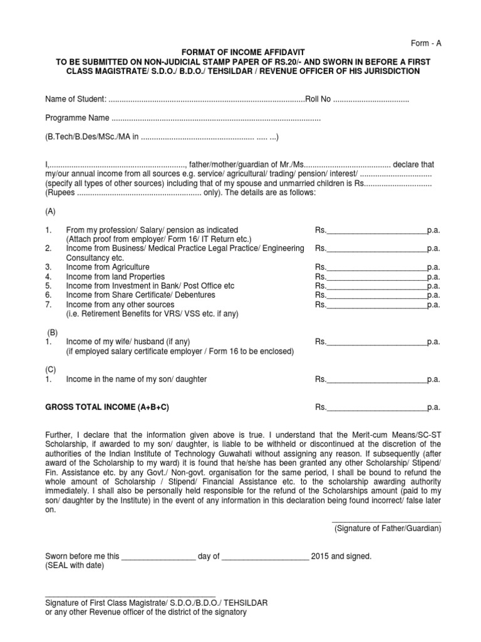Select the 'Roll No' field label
pos(319,100)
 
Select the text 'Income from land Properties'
pos(115,276)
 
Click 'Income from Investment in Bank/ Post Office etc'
pos(150,286)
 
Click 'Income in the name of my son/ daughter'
pos(137,379)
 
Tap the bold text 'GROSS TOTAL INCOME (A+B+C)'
pos(107,408)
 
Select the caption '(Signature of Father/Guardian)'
pos(387,529)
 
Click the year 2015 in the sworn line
pos(321,556)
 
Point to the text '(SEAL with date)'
pos(75,565)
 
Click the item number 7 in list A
pos(48,305)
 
